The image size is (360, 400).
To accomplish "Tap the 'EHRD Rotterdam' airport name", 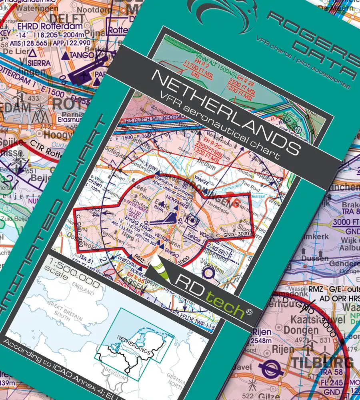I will pyautogui.click(x=50, y=26).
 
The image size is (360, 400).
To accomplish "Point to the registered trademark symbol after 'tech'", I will pyautogui.click(x=250, y=311).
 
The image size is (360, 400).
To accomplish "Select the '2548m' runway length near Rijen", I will pyautogui.click(x=262, y=341).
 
